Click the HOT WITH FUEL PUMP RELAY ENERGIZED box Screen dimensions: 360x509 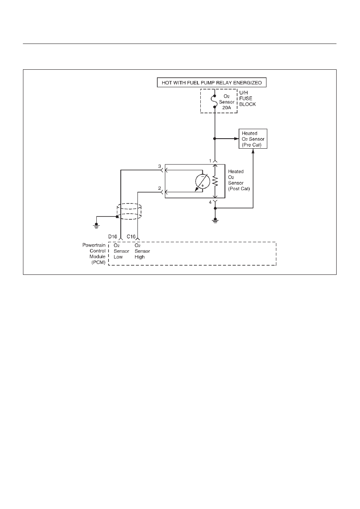tap(212, 83)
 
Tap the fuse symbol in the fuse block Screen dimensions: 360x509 tap(214, 101)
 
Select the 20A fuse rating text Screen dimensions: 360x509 tap(227, 108)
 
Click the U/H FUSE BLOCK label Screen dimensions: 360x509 tap(248, 98)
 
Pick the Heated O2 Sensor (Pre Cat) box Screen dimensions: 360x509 tap(253, 139)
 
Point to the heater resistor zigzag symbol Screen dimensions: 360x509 tap(215, 181)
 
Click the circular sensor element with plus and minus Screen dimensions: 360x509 tap(202, 181)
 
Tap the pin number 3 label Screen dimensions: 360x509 tap(160, 166)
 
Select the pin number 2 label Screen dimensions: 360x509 tap(160, 188)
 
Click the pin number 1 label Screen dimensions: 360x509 tap(210, 161)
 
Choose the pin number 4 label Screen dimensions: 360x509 tap(210, 202)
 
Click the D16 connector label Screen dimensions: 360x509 tap(112, 237)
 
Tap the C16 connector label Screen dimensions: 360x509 tap(131, 237)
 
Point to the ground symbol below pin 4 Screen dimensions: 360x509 tap(215, 220)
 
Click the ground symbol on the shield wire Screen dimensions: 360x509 tap(96, 225)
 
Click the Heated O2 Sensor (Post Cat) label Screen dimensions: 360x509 tap(239, 180)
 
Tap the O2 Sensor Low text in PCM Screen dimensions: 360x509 tap(121, 251)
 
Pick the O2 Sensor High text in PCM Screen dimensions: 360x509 tap(142, 251)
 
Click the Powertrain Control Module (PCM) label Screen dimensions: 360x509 tap(94, 253)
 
